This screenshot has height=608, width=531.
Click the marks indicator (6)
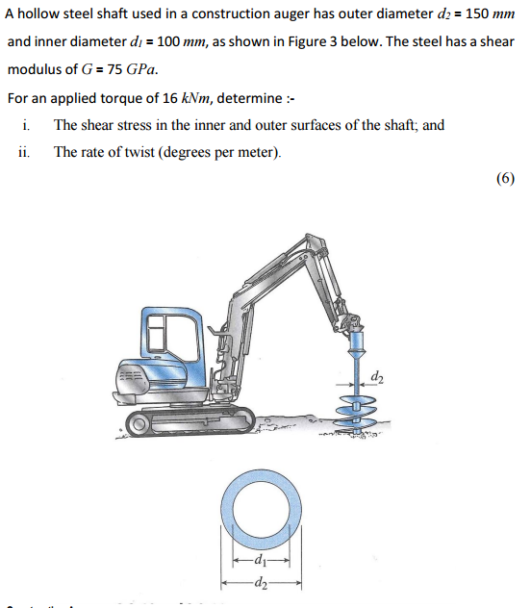coord(506,178)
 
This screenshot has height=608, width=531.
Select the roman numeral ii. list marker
coord(24,151)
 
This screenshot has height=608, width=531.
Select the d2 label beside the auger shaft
coord(376,373)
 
